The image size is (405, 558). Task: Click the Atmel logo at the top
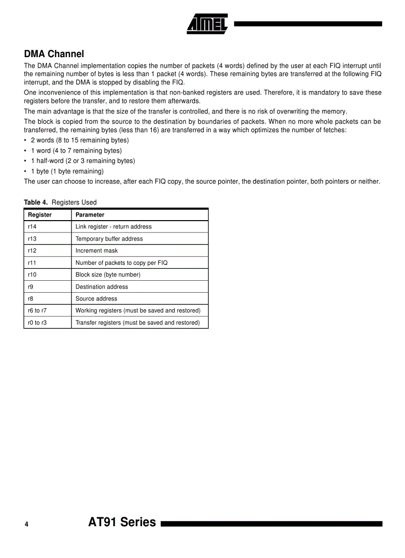point(207,23)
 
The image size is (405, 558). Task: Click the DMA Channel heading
point(54,54)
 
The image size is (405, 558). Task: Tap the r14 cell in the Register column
point(32,227)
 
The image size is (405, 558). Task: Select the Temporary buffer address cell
point(109,239)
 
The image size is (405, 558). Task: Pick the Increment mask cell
point(97,251)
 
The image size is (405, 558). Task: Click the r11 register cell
point(32,263)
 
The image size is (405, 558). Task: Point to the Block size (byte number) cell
point(108,275)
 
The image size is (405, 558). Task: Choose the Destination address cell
point(102,287)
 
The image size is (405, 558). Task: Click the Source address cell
point(96,299)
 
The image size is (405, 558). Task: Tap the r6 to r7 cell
point(37,311)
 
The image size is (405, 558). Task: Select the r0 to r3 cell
point(37,323)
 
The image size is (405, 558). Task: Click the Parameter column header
point(90,215)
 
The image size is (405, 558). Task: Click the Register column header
point(40,215)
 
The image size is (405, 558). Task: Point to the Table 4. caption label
point(36,202)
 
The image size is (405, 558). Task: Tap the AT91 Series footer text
point(122,522)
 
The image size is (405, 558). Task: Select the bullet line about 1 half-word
point(82,161)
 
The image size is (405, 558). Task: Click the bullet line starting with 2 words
point(79,140)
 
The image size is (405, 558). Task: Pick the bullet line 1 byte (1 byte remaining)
point(67,171)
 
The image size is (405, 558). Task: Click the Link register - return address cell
point(114,227)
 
